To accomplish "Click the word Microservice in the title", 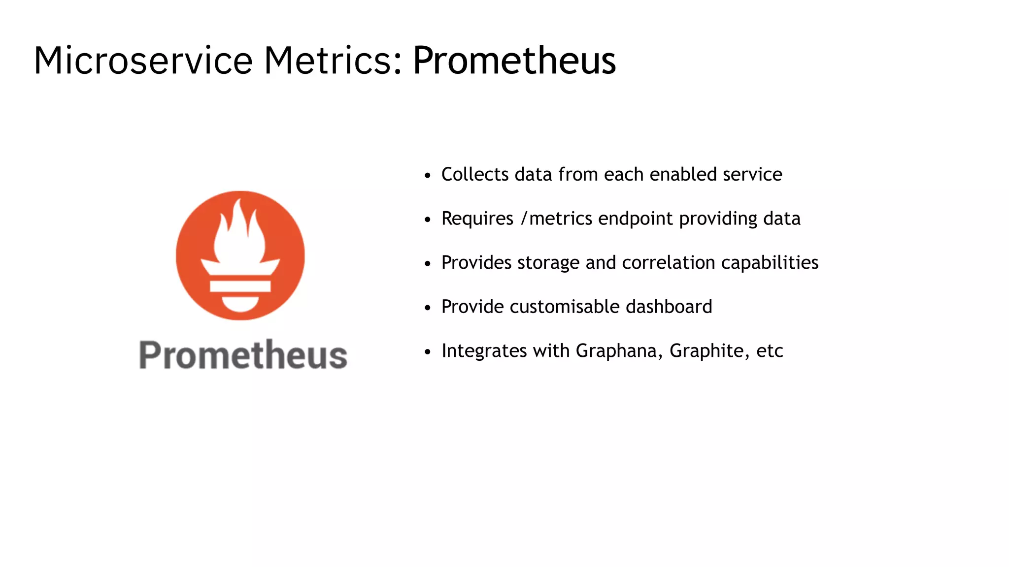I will tap(143, 61).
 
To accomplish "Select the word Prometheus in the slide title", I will tap(514, 61).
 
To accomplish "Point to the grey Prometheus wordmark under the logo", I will tap(243, 355).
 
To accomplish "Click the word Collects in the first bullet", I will tap(475, 174).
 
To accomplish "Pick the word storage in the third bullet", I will tap(548, 263).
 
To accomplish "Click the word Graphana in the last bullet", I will tap(616, 351).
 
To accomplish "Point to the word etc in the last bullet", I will tap(770, 351).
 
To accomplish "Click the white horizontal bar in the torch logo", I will tap(240, 286).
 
